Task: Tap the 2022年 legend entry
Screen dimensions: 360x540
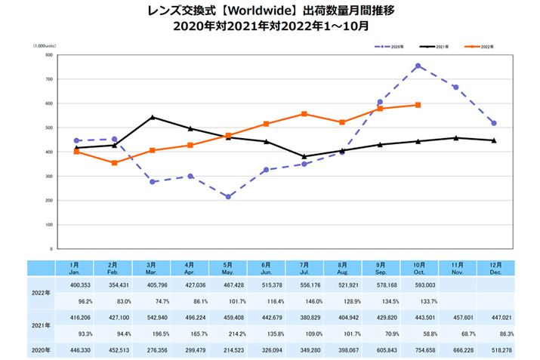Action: (482, 47)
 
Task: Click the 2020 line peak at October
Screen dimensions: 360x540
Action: (418, 66)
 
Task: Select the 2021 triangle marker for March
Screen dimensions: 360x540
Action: (153, 117)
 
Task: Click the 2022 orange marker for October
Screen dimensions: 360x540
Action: (418, 105)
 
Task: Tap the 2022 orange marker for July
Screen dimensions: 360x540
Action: (304, 114)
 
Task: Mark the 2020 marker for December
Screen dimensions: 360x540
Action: (494, 123)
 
